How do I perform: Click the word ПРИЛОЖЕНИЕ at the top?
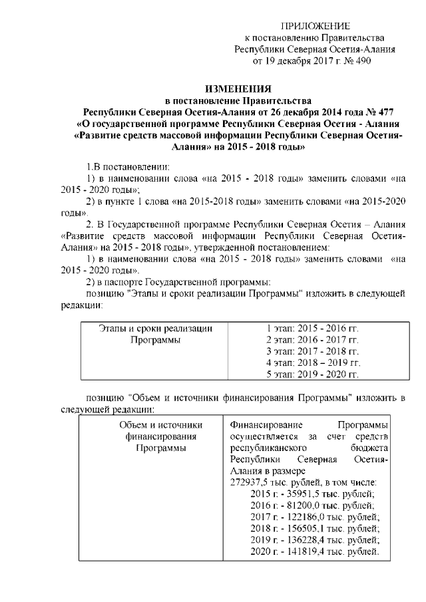click(x=316, y=26)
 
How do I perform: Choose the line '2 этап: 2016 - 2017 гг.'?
click(x=312, y=339)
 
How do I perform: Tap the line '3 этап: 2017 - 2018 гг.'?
click(x=312, y=351)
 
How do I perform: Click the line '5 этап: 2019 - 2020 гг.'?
click(x=312, y=375)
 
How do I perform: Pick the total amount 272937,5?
click(x=250, y=482)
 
